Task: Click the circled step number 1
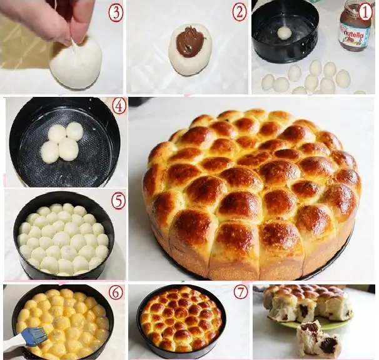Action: (365, 12)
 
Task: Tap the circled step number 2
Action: (240, 12)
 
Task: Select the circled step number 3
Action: (116, 13)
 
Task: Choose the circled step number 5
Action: (118, 201)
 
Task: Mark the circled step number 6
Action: (116, 292)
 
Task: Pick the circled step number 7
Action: (241, 292)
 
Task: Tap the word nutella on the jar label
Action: (353, 36)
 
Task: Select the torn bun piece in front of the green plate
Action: (318, 340)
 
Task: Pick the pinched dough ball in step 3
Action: (76, 63)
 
